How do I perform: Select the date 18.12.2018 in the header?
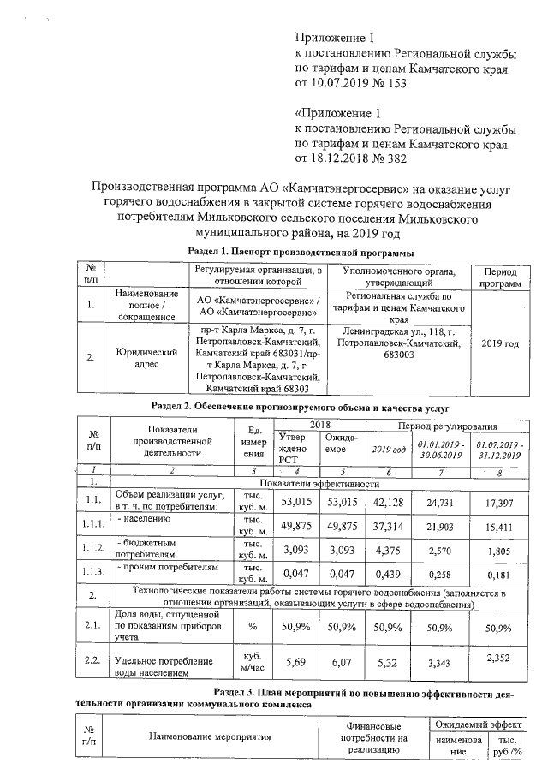pyautogui.click(x=342, y=158)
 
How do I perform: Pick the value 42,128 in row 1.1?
pyautogui.click(x=390, y=501)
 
